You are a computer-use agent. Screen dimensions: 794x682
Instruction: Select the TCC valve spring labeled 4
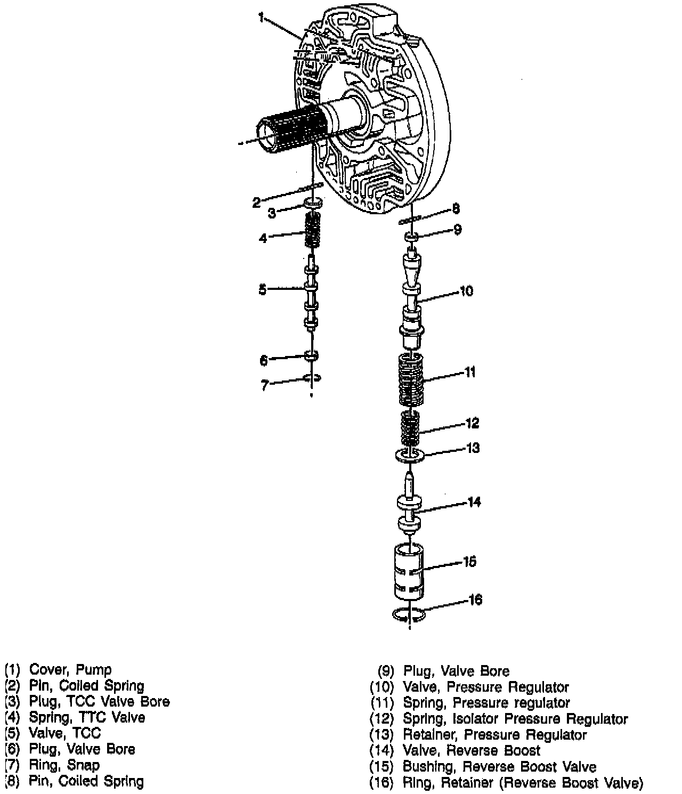[x=313, y=229]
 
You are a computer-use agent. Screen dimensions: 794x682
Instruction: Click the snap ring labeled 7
[x=312, y=378]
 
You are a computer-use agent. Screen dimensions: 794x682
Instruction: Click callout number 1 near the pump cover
[x=261, y=18]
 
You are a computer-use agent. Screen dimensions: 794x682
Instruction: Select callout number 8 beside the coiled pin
[x=456, y=208]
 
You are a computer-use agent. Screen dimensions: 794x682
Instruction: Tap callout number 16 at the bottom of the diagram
[x=475, y=600]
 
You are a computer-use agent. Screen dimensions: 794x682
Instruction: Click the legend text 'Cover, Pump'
[x=70, y=670]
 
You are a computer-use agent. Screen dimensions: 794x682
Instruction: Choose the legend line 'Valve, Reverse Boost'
[x=472, y=751]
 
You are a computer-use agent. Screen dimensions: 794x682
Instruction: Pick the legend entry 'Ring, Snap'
[x=64, y=765]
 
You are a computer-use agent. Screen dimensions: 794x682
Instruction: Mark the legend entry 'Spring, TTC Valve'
[x=87, y=717]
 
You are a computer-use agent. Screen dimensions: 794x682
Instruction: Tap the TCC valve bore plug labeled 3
[x=313, y=202]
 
